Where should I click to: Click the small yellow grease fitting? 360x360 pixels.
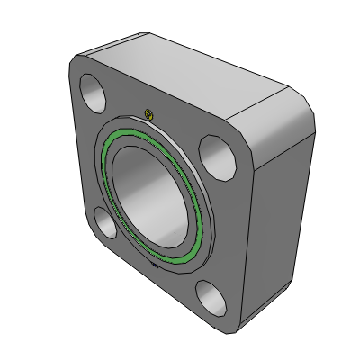click(150, 113)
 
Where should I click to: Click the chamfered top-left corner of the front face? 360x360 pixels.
click(76, 63)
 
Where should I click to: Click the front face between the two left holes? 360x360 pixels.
click(90, 157)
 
